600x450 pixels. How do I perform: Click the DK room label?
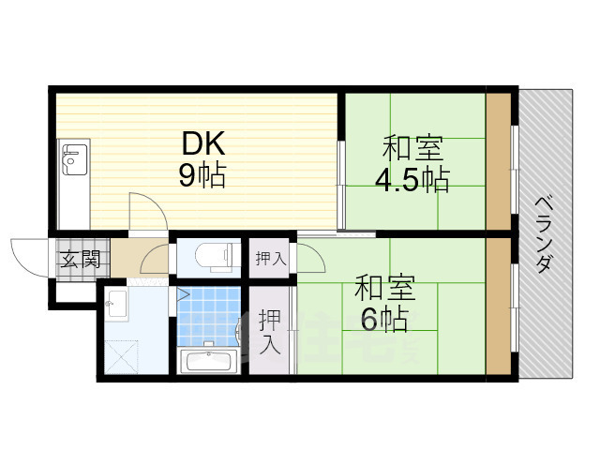[203, 144]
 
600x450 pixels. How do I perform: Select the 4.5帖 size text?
[413, 178]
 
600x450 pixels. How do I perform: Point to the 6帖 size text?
[382, 321]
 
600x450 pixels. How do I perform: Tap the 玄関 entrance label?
[80, 260]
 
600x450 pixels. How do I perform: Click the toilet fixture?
[208, 256]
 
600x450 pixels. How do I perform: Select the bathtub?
[208, 361]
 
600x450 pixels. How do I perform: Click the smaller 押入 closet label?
[271, 259]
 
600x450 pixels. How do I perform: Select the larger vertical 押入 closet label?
[270, 330]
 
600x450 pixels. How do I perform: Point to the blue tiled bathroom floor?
[209, 314]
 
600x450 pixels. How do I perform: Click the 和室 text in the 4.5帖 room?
[413, 148]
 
